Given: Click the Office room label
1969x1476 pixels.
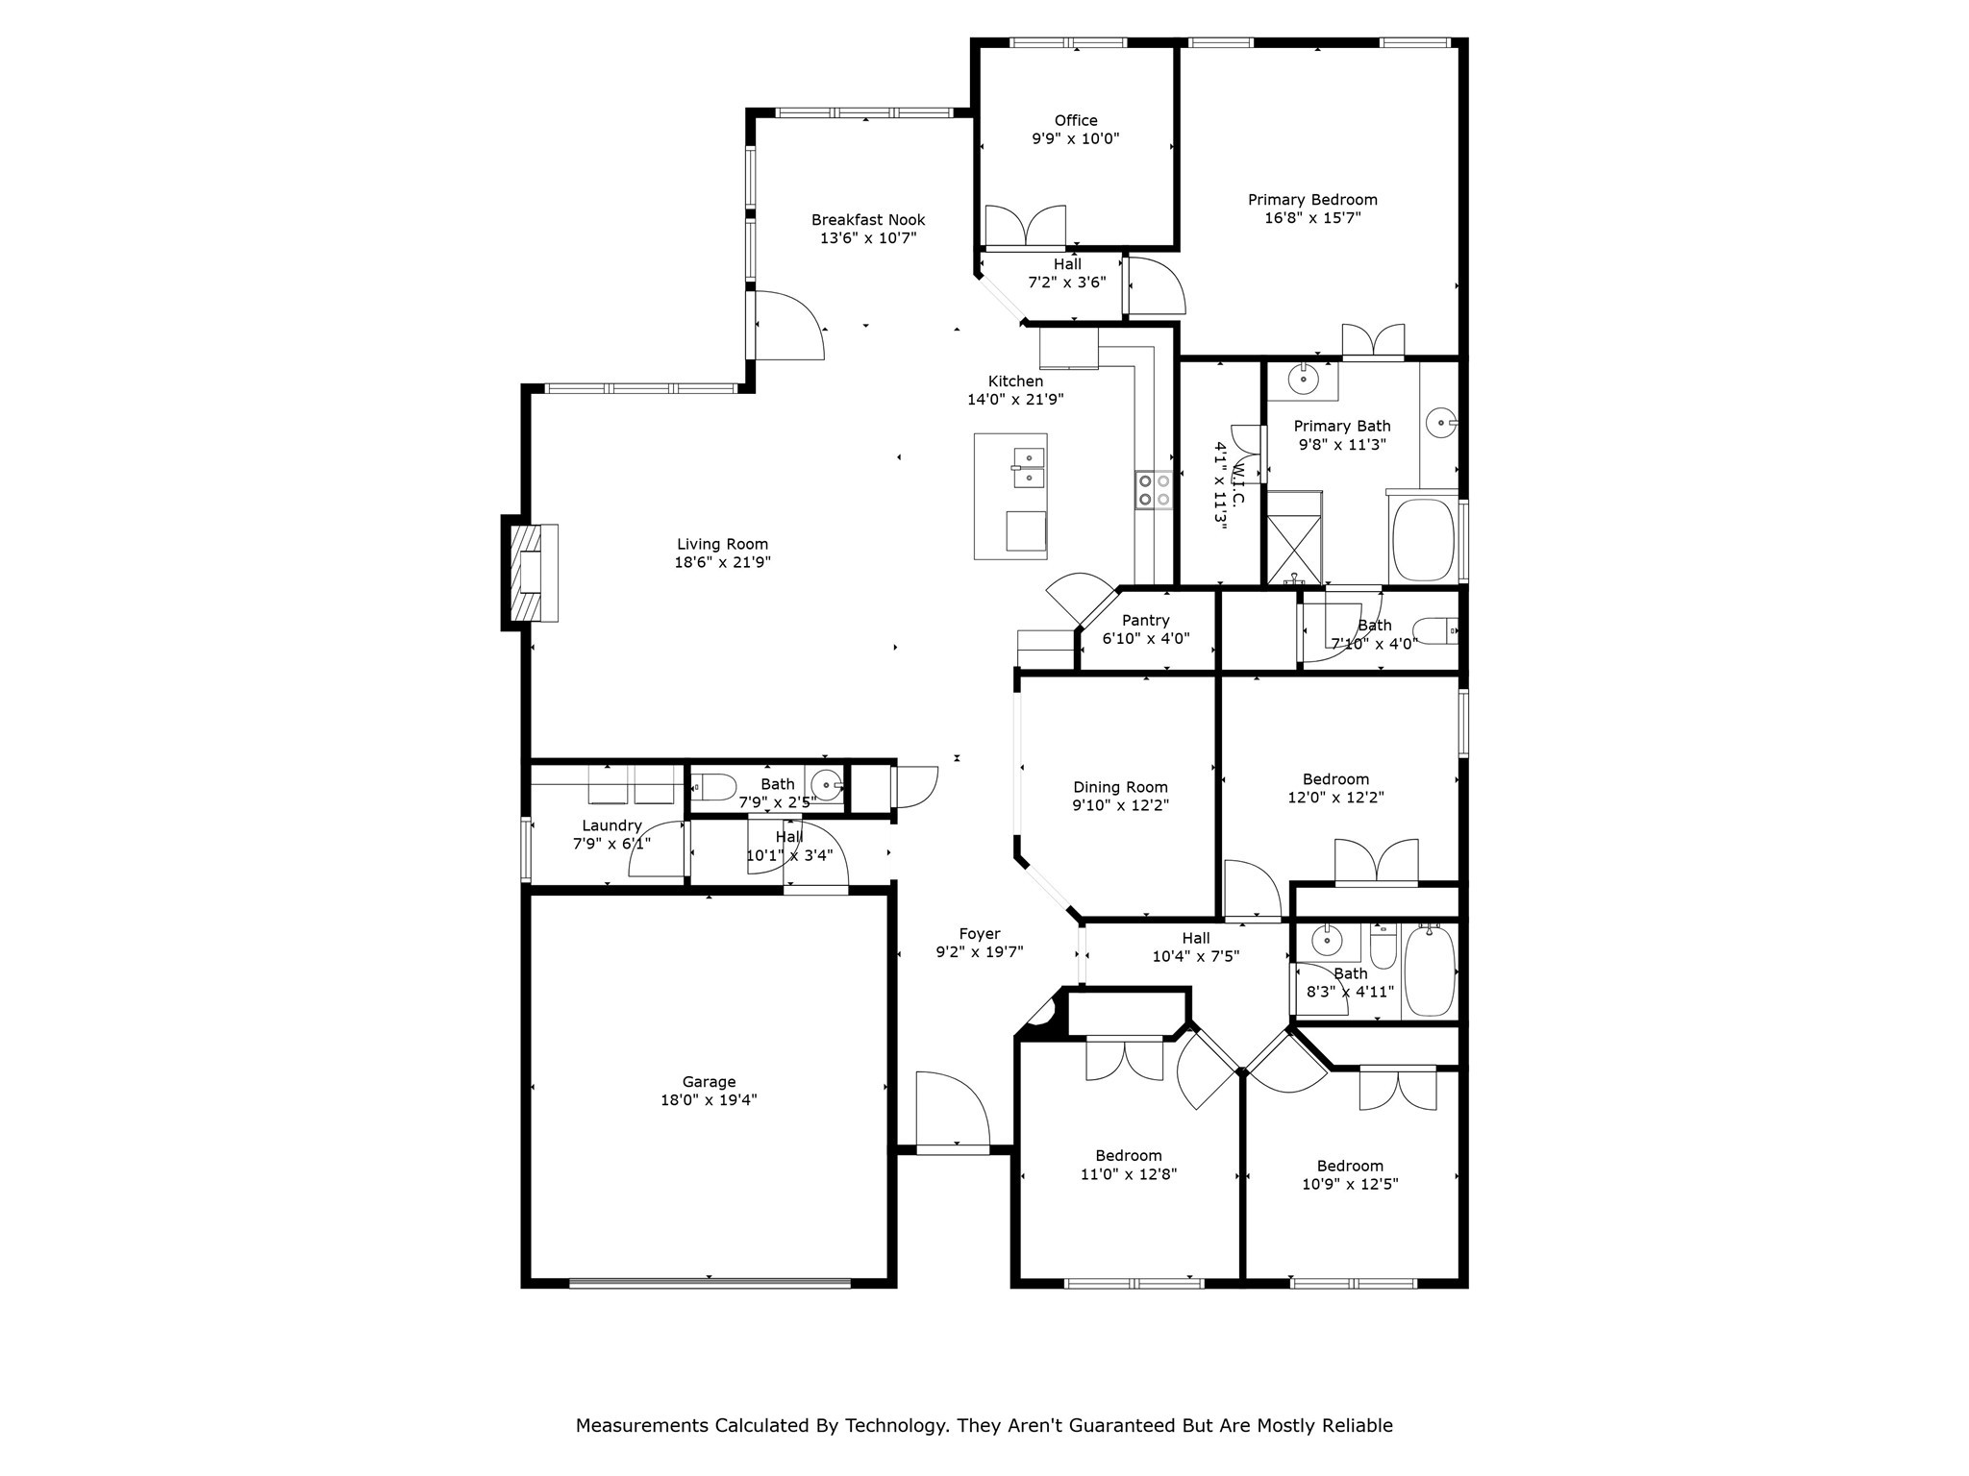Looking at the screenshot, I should [x=1075, y=120].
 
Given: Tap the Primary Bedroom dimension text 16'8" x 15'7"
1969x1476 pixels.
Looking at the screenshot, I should [x=1312, y=218].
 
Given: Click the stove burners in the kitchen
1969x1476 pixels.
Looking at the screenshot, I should [x=1154, y=490].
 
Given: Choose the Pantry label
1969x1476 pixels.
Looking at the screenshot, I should [x=1145, y=621].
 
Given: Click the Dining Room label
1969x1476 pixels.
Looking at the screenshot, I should [x=1120, y=787].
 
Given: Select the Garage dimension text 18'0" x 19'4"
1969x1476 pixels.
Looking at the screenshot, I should [x=709, y=1100].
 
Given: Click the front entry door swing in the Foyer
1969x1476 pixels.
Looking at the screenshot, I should [x=952, y=1109].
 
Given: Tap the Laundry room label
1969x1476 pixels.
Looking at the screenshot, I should [x=611, y=825].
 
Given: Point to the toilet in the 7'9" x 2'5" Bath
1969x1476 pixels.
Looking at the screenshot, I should [x=713, y=788].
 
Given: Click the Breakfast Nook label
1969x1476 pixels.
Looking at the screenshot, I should [x=867, y=220].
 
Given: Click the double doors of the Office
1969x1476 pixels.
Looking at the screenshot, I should [x=1025, y=228].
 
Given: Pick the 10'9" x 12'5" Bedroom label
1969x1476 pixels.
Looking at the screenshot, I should [x=1350, y=1166].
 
